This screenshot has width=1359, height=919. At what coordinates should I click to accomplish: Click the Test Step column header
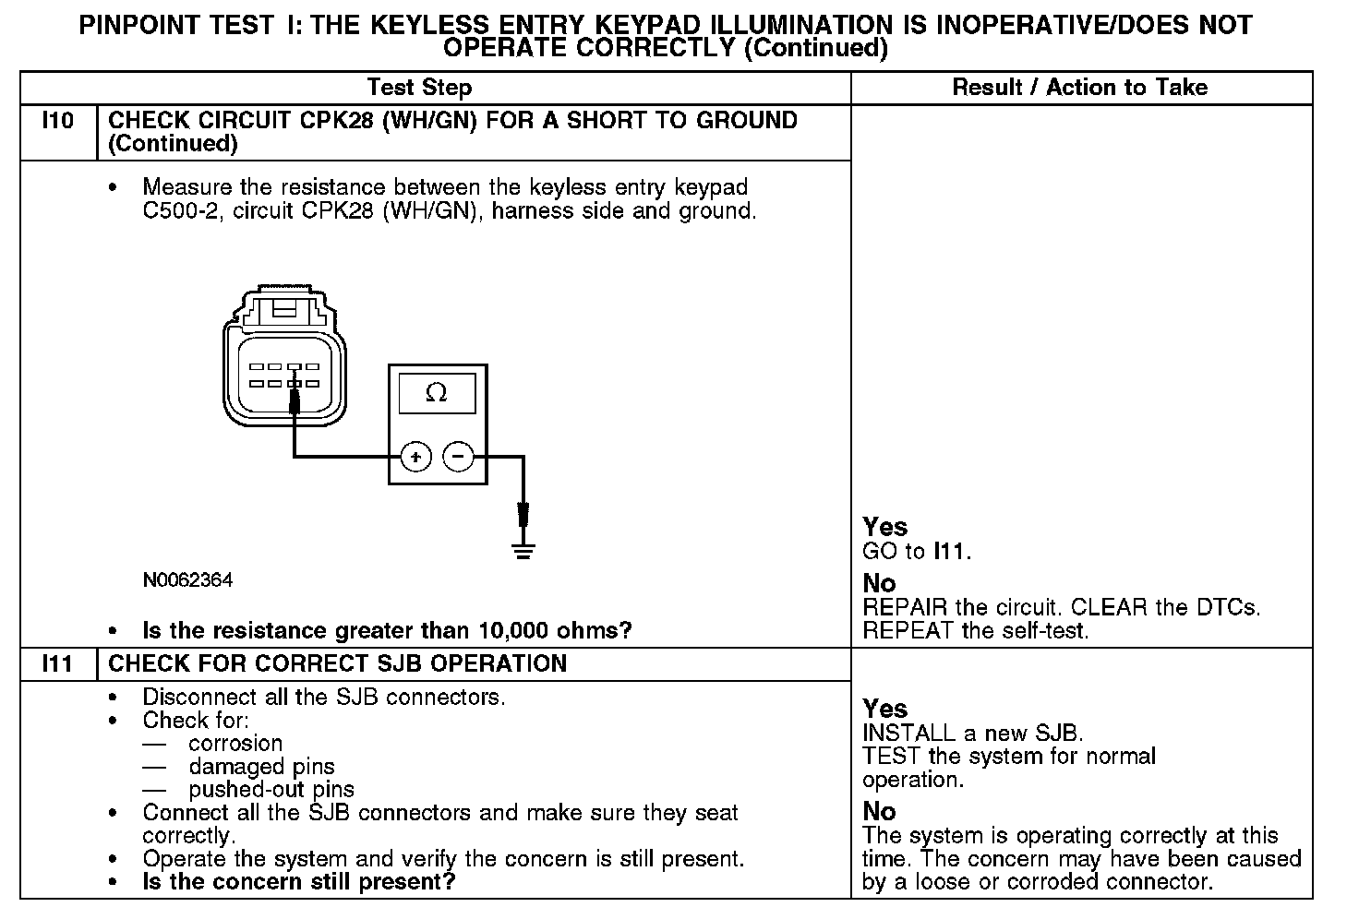[419, 88]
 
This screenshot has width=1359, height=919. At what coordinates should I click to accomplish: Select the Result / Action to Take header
[1079, 88]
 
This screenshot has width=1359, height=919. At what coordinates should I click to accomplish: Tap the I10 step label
[58, 121]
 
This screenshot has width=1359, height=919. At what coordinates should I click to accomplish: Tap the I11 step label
[58, 664]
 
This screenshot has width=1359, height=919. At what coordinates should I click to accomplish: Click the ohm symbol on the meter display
[437, 394]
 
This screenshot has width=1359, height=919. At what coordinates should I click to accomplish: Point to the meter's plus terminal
[415, 457]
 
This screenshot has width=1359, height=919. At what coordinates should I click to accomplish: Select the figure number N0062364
[187, 580]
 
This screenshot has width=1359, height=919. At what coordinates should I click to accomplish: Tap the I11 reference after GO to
[950, 552]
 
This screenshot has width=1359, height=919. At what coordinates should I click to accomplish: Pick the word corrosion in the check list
[235, 744]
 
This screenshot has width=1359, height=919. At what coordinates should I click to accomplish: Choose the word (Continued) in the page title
[815, 48]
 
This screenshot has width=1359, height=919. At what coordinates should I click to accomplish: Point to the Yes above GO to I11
[884, 527]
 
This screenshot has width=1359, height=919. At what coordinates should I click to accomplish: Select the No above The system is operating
[879, 811]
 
